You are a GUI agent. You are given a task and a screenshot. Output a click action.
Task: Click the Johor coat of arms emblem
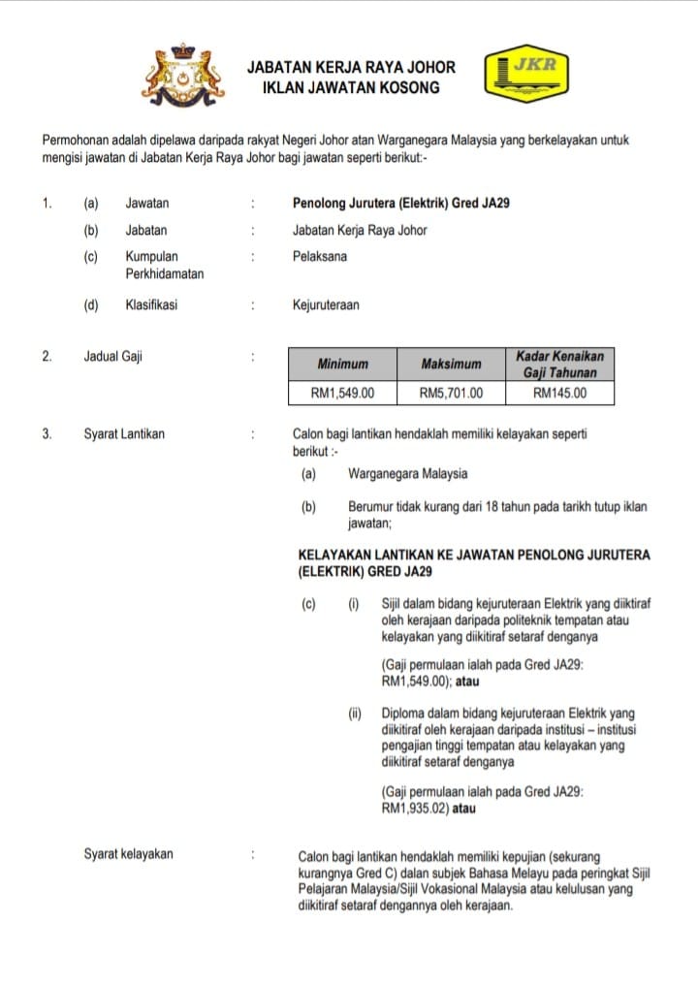[183, 77]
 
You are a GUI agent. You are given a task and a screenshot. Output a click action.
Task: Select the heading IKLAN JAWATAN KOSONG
[351, 87]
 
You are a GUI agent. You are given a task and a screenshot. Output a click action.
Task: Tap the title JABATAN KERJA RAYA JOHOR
[351, 68]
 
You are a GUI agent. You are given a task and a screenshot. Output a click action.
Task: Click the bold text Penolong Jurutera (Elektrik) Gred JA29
[402, 204]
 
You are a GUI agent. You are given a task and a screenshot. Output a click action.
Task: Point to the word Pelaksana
[319, 257]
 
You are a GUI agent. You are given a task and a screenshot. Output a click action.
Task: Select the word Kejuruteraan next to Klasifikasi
[325, 304]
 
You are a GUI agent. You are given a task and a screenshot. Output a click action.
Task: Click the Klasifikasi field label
[151, 304]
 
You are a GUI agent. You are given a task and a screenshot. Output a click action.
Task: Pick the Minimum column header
[342, 364]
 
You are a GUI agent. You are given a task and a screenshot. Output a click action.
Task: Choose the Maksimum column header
[451, 364]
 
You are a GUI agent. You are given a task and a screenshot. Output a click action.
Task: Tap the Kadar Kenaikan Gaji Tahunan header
[560, 364]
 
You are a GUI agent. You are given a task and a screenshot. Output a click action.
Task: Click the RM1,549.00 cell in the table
[342, 393]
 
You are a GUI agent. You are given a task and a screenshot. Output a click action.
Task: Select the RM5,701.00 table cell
[451, 393]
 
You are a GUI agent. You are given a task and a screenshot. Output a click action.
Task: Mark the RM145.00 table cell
[560, 393]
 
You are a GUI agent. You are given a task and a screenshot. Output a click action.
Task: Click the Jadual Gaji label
[112, 356]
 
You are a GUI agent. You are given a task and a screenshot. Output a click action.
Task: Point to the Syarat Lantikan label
[124, 434]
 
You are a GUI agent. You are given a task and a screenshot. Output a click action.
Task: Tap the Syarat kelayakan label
[128, 854]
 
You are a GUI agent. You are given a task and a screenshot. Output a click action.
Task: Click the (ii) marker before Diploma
[355, 714]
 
